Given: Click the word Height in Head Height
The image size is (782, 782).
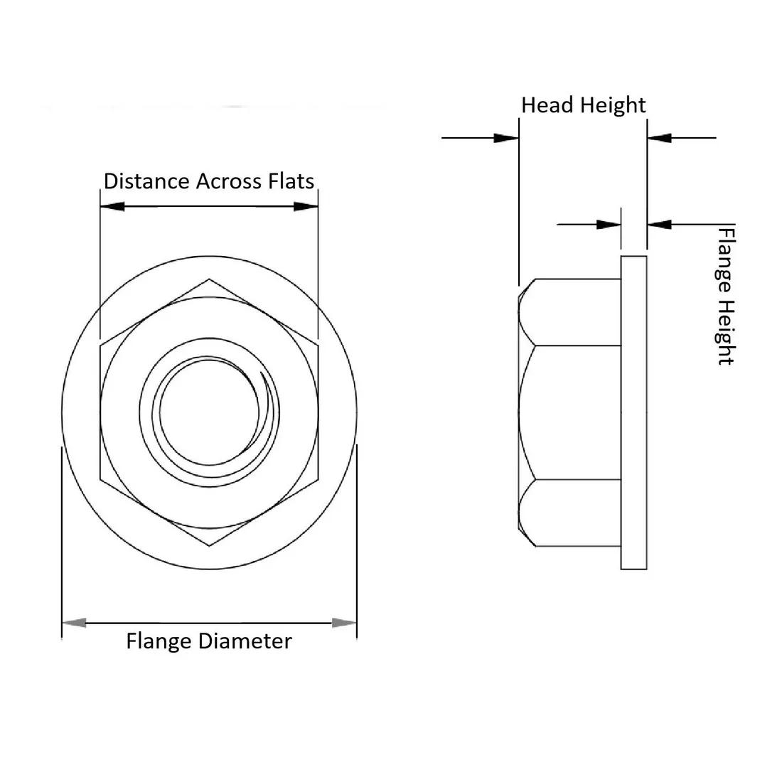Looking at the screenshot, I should pyautogui.click(x=613, y=106).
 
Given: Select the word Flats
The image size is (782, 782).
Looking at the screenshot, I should pyautogui.click(x=291, y=181).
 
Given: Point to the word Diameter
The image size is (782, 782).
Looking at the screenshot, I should pyautogui.click(x=245, y=641).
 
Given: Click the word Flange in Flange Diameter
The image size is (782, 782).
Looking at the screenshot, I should pyautogui.click(x=159, y=641).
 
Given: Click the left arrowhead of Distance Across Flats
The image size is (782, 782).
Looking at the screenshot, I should pyautogui.click(x=112, y=206).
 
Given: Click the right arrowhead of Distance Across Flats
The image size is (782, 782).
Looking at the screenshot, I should pyautogui.click(x=306, y=206).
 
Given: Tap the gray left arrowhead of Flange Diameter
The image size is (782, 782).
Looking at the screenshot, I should pyautogui.click(x=74, y=623).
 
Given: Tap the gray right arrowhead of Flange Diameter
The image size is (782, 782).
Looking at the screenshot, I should pyautogui.click(x=345, y=623).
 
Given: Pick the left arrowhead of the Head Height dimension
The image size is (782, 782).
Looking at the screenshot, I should pyautogui.click(x=506, y=137).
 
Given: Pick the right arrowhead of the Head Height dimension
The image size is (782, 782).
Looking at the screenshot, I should pyautogui.click(x=660, y=137).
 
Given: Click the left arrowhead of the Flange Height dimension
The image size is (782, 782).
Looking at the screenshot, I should pyautogui.click(x=609, y=225).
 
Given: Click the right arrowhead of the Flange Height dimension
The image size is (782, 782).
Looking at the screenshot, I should pyautogui.click(x=660, y=225).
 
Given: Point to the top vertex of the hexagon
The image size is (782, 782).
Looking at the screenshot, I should pyautogui.click(x=209, y=279).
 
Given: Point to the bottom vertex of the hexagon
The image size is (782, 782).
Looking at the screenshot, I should pyautogui.click(x=209, y=546).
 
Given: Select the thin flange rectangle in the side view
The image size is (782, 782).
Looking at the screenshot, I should pyautogui.click(x=634, y=412).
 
